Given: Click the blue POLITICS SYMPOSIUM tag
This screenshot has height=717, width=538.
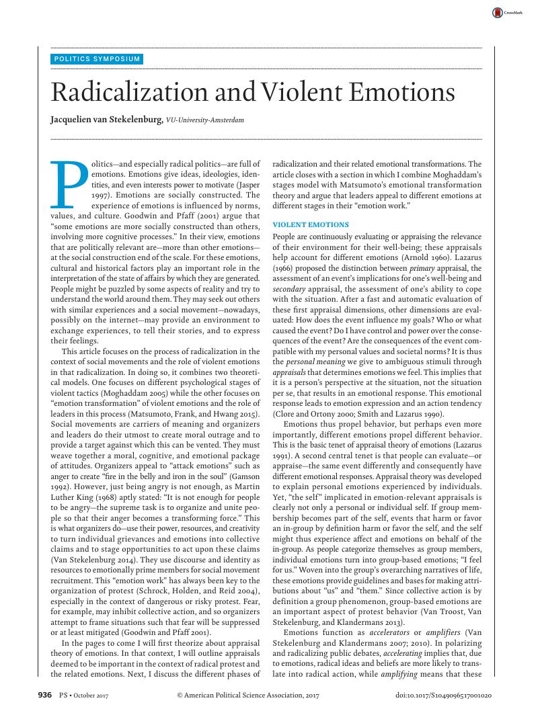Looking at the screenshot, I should pos(98,59).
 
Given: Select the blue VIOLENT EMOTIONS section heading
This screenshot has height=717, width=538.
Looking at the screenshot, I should pos(310,224).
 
